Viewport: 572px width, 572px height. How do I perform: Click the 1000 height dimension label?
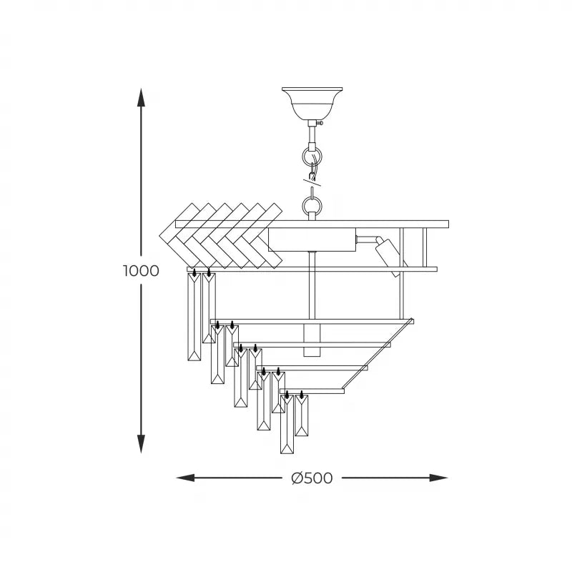tap(141, 271)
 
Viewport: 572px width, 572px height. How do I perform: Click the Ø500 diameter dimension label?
tap(312, 478)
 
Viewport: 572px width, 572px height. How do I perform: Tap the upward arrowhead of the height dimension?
tap(142, 97)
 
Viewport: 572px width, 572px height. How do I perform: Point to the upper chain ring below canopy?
tap(312, 155)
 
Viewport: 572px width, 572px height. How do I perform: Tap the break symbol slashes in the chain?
tap(312, 180)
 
